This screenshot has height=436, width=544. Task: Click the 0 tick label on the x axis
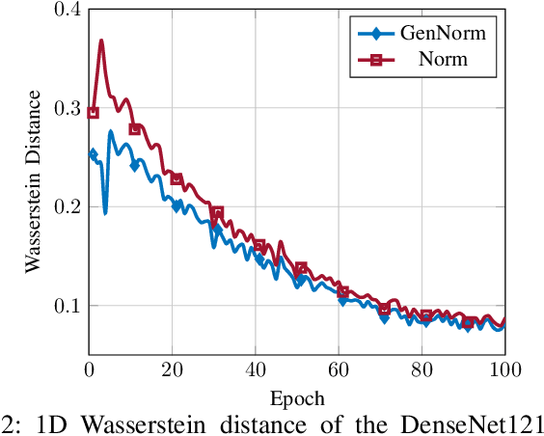point(90,369)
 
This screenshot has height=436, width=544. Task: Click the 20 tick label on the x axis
point(173,369)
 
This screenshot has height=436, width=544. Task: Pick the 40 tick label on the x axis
point(256,369)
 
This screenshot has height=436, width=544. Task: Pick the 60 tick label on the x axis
point(339,369)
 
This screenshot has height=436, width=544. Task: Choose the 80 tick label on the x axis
point(422,369)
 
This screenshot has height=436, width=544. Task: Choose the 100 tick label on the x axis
point(503,369)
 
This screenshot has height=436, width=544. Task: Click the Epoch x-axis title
point(297,397)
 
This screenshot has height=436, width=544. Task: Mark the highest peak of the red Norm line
point(101,41)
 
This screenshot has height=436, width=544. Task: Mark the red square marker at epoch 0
point(94,113)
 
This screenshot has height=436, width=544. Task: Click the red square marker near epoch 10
point(135,129)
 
